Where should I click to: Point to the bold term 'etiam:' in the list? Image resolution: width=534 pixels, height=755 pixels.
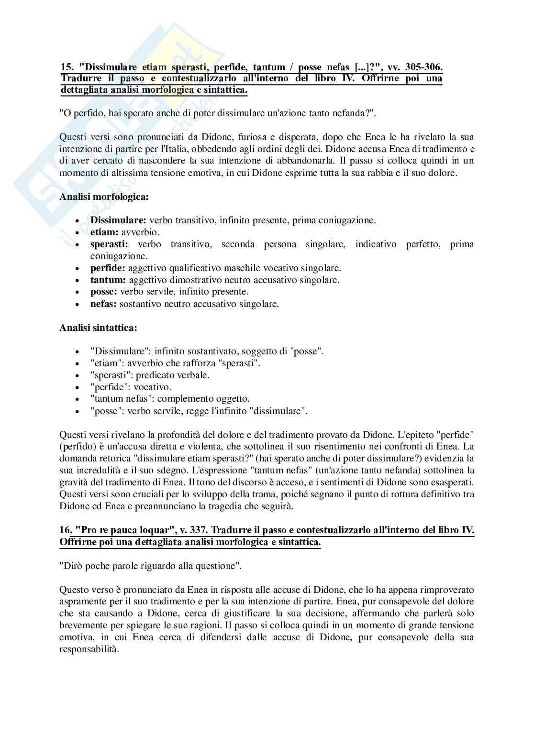point(104,232)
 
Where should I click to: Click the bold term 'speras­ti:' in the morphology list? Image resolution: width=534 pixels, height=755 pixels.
point(109,244)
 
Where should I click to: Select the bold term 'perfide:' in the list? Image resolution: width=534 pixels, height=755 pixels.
point(108,268)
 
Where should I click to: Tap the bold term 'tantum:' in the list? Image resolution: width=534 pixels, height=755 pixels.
point(108,280)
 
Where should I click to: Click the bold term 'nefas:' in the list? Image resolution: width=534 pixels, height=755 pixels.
point(103,304)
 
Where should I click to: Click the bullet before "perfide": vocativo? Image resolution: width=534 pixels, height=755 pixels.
point(77,387)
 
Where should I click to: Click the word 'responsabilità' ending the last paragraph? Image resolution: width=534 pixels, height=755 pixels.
point(88,649)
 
